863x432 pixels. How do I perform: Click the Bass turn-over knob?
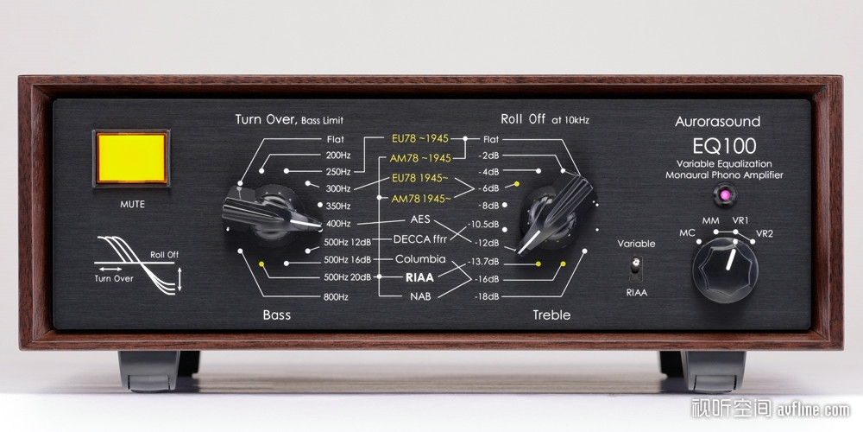pyautogui.click(x=269, y=213)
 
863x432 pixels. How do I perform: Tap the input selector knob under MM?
pyautogui.click(x=725, y=270)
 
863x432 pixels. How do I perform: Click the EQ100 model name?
pyautogui.click(x=724, y=146)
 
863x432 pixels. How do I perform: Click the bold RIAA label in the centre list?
pyautogui.click(x=419, y=277)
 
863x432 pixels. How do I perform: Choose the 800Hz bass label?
pyautogui.click(x=337, y=297)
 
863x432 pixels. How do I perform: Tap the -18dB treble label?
pyautogui.click(x=487, y=297)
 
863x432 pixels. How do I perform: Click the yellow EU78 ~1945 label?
pyautogui.click(x=420, y=137)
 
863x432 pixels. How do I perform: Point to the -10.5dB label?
pyautogui.click(x=483, y=225)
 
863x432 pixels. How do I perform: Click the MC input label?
pyautogui.click(x=687, y=233)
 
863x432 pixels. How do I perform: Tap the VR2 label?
pyautogui.click(x=765, y=233)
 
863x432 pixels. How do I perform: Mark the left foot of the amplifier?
pyautogui.click(x=159, y=371)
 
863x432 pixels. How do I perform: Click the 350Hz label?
pyautogui.click(x=338, y=206)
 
